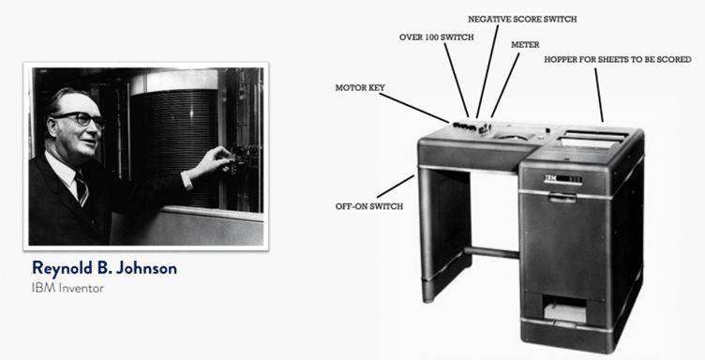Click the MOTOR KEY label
360,87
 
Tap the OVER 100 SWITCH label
436,37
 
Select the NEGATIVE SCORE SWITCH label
522,20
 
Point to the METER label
525,45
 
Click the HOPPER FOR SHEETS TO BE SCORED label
618,59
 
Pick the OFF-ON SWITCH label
369,207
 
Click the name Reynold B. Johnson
104,268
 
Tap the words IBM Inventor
67,288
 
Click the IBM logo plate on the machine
562,179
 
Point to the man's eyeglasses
79,119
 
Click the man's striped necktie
82,188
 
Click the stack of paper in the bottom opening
564,312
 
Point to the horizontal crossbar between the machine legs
491,251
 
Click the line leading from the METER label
505,85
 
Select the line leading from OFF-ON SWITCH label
396,187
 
